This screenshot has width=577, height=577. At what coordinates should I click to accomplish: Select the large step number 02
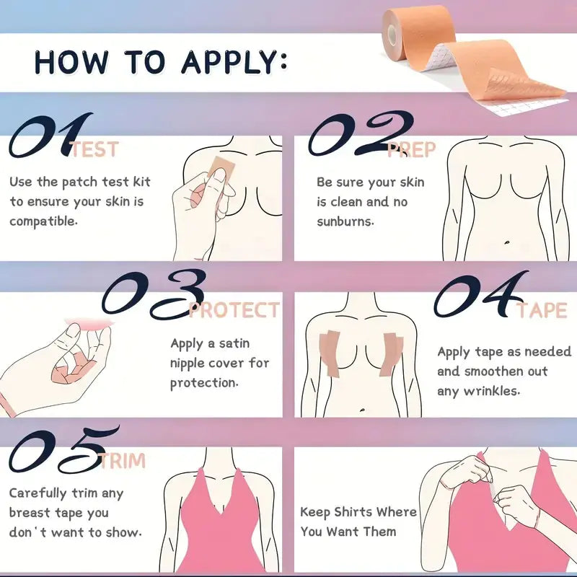(361, 133)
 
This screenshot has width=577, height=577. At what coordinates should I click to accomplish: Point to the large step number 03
(154, 294)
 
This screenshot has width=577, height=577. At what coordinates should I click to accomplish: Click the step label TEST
(94, 150)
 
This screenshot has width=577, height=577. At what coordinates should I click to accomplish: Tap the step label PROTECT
(234, 310)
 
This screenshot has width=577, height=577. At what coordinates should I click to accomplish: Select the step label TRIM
(123, 460)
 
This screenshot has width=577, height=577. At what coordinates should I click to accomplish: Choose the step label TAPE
(542, 310)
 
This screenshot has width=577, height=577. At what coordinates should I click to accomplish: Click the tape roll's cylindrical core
(392, 34)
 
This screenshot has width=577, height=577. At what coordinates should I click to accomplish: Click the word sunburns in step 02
(345, 221)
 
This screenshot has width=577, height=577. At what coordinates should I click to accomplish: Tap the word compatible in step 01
(43, 221)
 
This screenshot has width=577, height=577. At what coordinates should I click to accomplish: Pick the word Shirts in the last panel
(353, 512)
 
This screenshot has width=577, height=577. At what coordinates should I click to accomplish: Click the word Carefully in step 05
(38, 493)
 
